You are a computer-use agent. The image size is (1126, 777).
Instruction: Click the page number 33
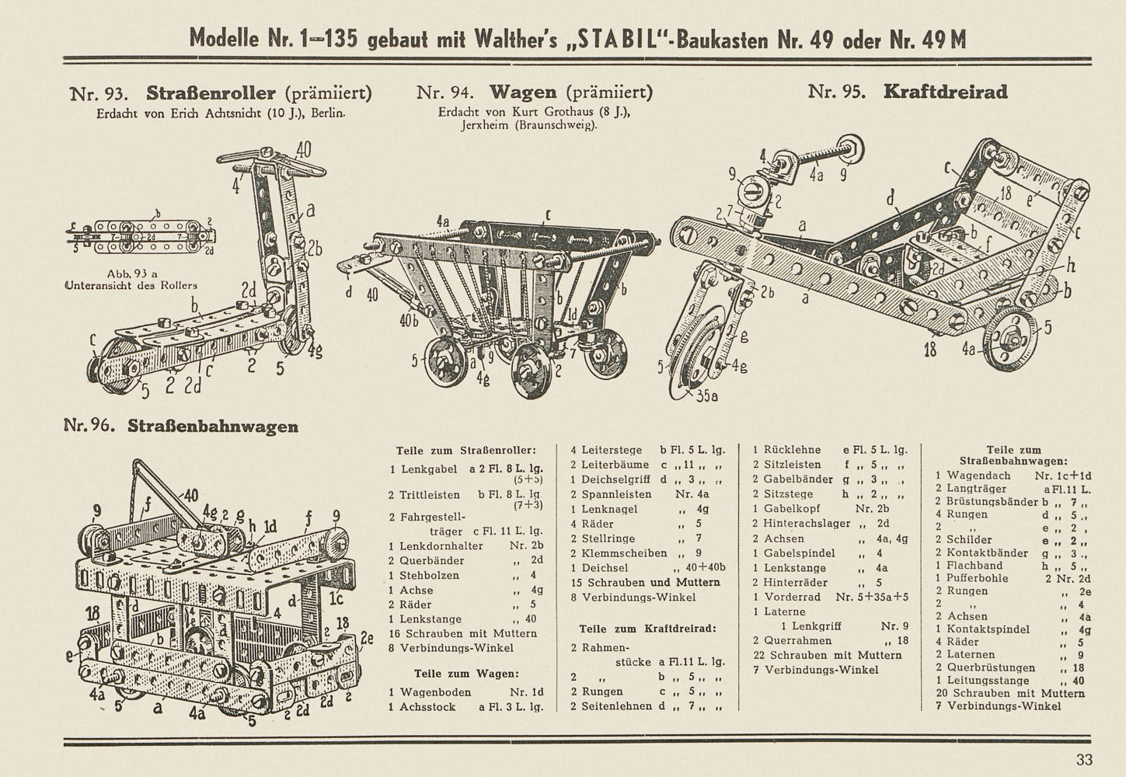click(1084, 760)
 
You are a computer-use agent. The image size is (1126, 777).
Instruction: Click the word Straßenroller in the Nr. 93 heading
click(211, 93)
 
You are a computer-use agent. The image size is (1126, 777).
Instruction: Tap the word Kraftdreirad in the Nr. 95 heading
click(946, 92)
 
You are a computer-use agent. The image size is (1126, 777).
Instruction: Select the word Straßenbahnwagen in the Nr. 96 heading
click(213, 427)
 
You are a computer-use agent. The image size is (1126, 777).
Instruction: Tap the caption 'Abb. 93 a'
click(132, 274)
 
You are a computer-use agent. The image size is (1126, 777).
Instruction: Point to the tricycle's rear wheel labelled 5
click(1011, 340)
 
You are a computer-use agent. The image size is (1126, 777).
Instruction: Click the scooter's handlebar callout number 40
click(303, 149)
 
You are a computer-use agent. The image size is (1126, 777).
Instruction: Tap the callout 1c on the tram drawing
click(336, 599)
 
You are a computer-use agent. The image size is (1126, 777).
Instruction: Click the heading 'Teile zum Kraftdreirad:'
click(648, 629)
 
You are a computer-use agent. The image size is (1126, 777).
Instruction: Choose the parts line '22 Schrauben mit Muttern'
click(828, 655)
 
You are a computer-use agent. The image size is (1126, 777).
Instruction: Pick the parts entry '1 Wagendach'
click(973, 476)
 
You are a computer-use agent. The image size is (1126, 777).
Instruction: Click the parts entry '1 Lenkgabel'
click(424, 469)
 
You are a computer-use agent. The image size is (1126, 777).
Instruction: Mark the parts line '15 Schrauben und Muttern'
click(646, 583)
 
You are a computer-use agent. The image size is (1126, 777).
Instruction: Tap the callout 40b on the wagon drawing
click(410, 320)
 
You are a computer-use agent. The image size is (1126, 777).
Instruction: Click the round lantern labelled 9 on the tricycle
click(753, 192)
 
